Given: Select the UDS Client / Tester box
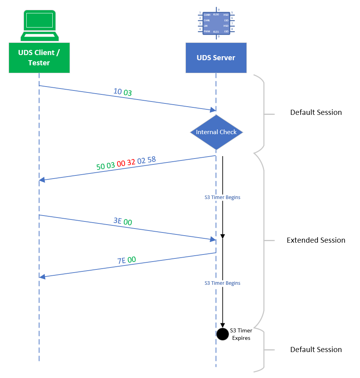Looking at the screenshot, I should (39, 57).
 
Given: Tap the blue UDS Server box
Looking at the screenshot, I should (216, 58).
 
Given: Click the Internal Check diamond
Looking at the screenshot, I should (216, 132).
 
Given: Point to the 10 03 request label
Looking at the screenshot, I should (123, 92).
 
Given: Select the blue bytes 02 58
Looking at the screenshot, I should (146, 160).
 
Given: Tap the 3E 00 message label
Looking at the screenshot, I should (123, 221).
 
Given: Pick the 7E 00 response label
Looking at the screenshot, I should (127, 260).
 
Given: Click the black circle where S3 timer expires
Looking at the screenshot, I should (222, 334).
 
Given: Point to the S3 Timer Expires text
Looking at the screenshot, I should (241, 334).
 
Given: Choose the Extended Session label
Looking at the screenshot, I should (316, 240).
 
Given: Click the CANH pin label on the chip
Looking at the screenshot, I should (207, 15).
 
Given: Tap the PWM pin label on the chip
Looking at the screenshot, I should (207, 31).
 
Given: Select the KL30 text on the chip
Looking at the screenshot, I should (216, 14).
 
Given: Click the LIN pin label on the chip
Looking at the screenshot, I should (206, 26).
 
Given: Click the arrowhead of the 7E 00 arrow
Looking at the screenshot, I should (42, 277).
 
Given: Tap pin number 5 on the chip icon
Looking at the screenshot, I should (232, 13).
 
